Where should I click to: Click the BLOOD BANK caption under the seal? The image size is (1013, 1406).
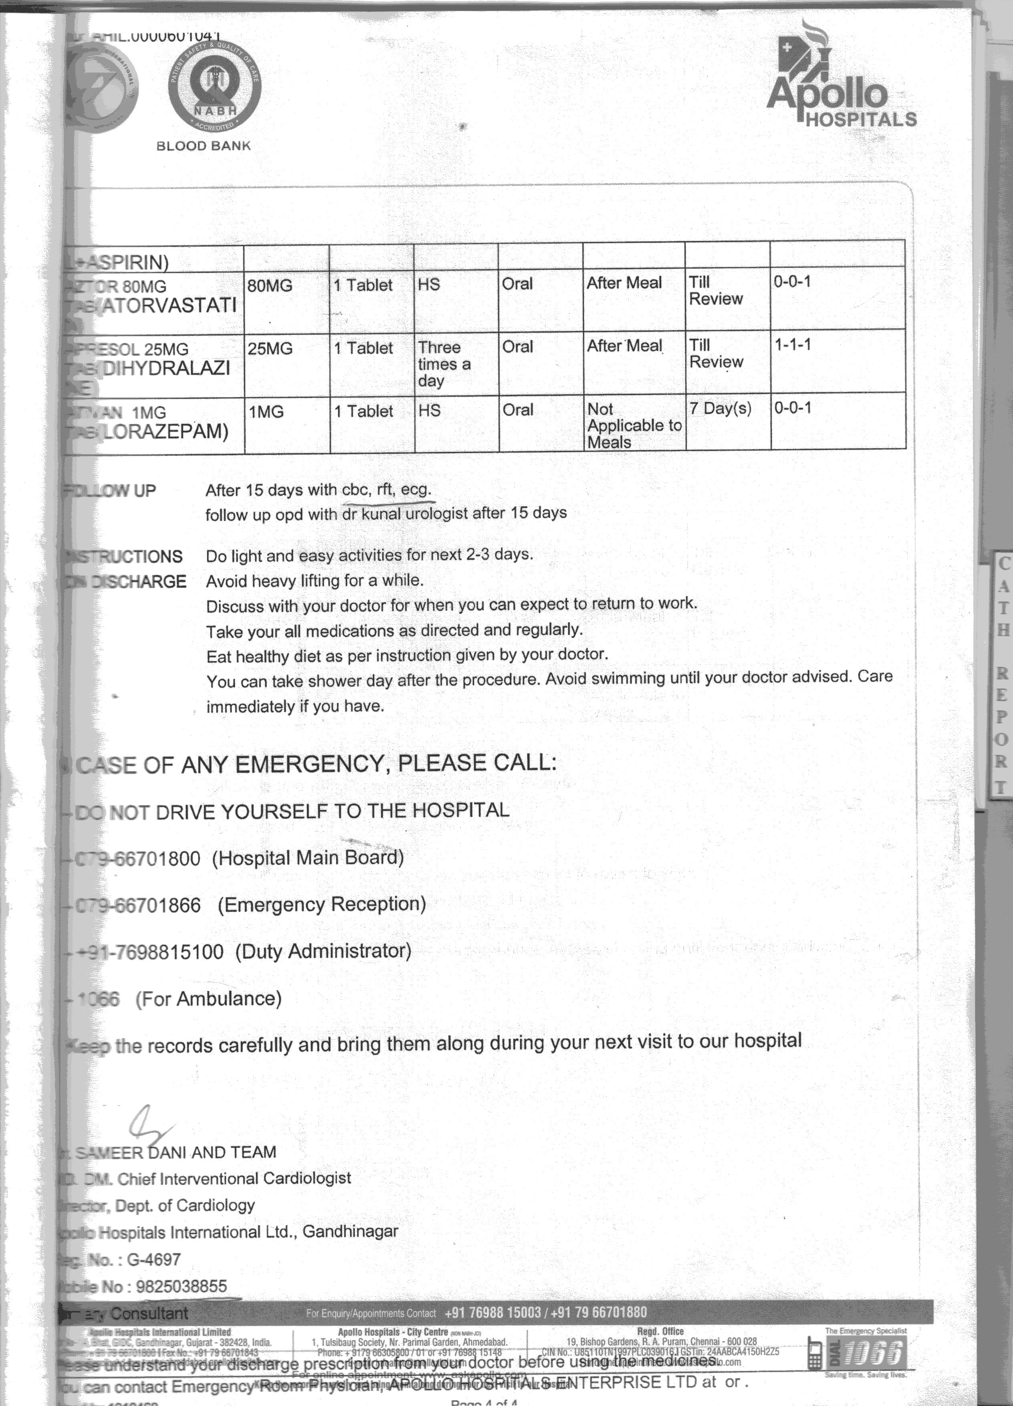[203, 146]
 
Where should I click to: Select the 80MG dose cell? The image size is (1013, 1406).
[270, 286]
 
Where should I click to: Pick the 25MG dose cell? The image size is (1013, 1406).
[270, 349]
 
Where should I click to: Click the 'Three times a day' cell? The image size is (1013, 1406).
[444, 364]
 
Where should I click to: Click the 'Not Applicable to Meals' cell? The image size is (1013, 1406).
[634, 426]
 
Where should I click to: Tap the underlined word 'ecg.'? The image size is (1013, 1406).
[416, 490]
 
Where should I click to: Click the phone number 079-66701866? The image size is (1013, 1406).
[137, 905]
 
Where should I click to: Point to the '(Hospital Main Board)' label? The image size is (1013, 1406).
[308, 858]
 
